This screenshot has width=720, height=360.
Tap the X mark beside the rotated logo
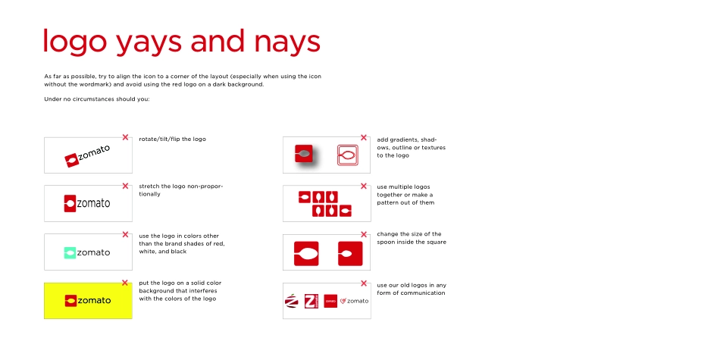[125, 137]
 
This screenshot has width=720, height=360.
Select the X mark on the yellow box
[125, 283]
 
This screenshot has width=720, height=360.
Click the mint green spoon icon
[70, 252]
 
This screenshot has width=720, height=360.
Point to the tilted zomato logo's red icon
[71, 160]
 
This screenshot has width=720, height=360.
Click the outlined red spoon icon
[347, 154]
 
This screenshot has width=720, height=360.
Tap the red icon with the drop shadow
[305, 154]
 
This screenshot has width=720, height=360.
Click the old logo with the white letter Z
[310, 301]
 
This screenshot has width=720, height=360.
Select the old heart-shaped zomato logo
[344, 301]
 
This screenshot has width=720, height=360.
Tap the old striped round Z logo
[292, 301]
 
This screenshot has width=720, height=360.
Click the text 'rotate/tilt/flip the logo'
[172, 139]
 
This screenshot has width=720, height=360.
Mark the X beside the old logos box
[364, 283]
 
